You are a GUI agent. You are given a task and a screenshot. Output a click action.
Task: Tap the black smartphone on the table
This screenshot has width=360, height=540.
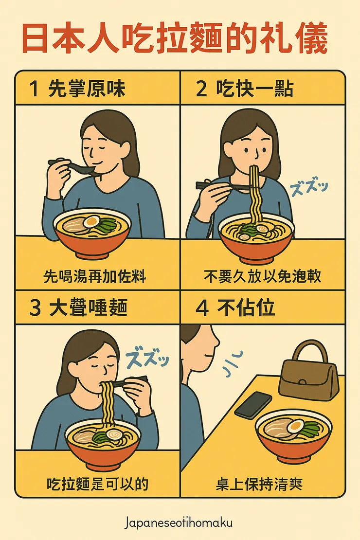(x=253, y=404)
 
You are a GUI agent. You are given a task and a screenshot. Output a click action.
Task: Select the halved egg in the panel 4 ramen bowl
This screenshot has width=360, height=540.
(x=295, y=426)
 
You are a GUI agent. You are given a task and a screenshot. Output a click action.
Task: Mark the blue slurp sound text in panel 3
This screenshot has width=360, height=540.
(x=147, y=360)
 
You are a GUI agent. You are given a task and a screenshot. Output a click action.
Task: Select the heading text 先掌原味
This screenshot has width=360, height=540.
(x=87, y=90)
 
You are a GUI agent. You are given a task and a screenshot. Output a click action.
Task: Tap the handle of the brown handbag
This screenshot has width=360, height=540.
(x=308, y=349)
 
